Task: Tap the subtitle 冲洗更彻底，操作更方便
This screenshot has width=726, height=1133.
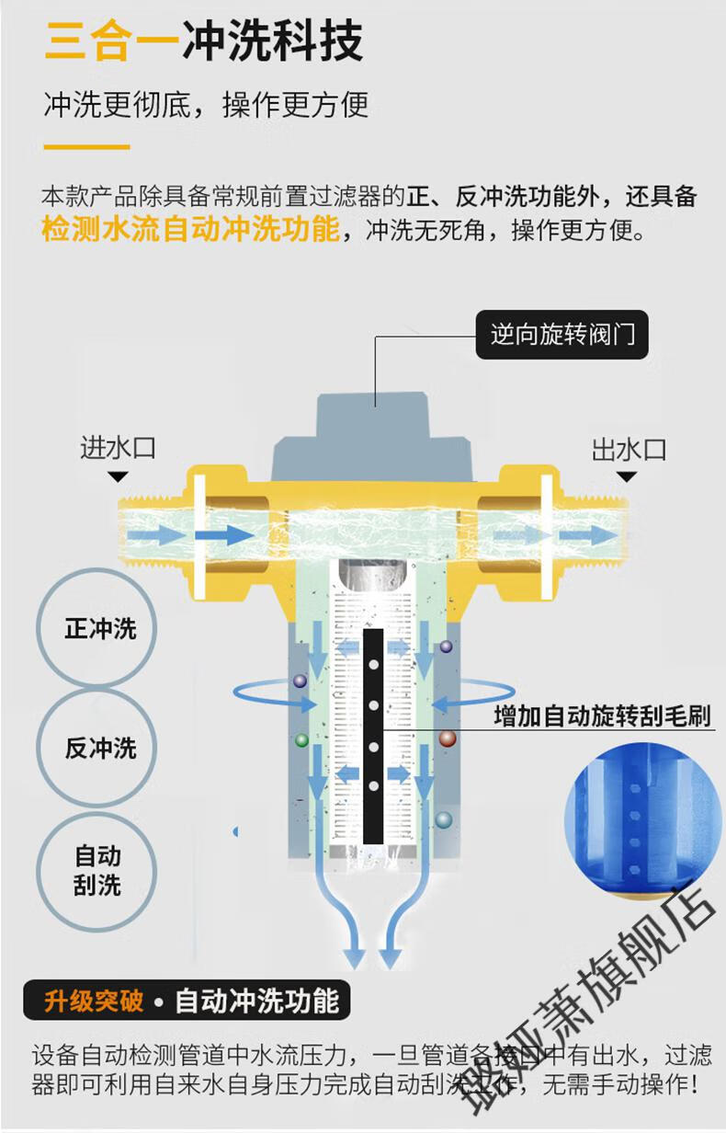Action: click(206, 104)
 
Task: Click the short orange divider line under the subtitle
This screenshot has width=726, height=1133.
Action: click(87, 146)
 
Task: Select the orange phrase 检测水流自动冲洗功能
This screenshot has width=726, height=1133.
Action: click(190, 229)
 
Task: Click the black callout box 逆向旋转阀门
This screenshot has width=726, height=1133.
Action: click(562, 333)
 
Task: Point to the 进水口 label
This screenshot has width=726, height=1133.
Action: click(118, 449)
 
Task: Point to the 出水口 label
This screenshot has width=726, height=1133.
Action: click(628, 450)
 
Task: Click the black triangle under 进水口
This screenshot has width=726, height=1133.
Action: click(118, 476)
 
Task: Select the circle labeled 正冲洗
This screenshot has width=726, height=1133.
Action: click(99, 629)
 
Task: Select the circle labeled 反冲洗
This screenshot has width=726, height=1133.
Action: click(99, 748)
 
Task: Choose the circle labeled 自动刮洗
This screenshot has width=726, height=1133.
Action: click(99, 870)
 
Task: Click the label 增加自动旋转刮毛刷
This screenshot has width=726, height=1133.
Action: click(602, 715)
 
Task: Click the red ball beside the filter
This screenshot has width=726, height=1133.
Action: click(447, 738)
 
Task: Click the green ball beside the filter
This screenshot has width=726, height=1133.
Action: click(301, 739)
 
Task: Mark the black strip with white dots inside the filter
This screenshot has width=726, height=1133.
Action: click(373, 736)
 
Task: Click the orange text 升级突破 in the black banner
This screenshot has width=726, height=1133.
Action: click(94, 1001)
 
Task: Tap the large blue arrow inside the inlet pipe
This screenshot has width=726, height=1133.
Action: click(223, 534)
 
